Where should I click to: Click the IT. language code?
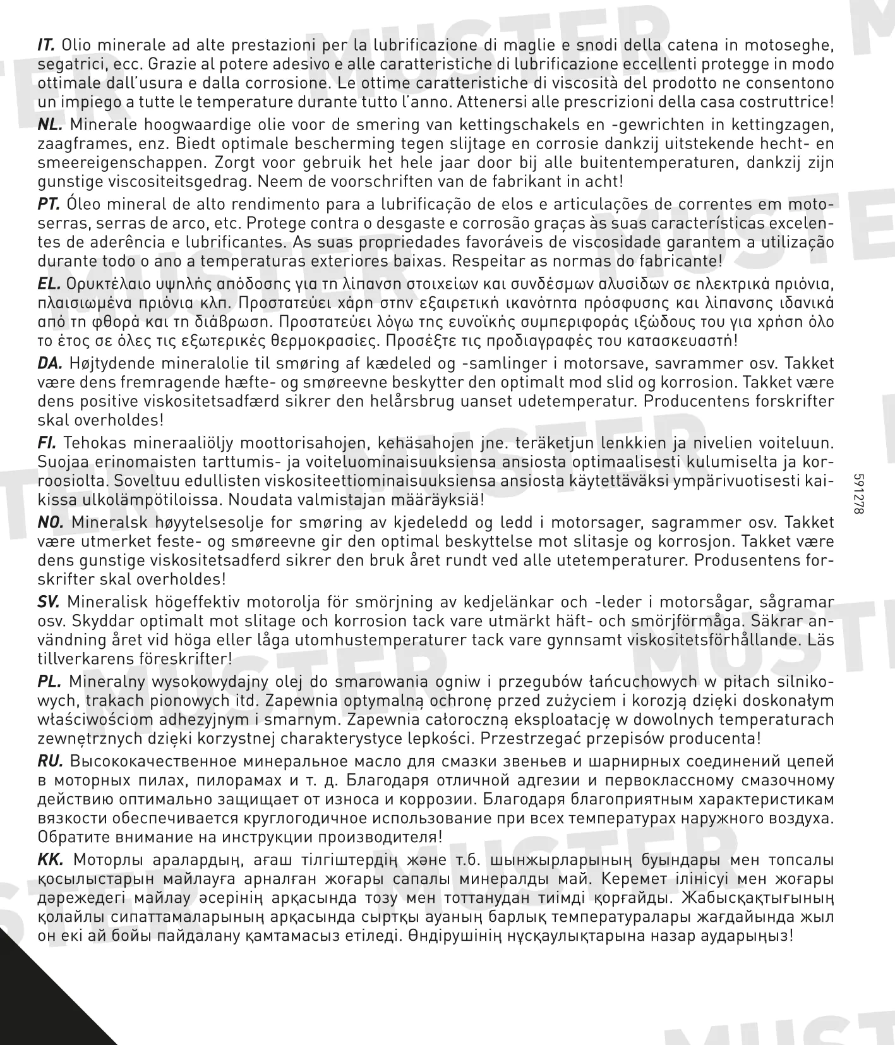click(47, 45)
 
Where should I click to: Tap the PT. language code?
click(49, 204)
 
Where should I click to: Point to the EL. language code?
click(49, 284)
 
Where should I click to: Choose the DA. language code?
click(50, 363)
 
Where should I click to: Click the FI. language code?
click(47, 443)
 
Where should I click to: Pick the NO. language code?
click(51, 522)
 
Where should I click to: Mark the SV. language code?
click(49, 602)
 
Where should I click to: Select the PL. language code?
click(49, 682)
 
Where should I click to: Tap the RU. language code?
click(50, 761)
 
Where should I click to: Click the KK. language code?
click(50, 860)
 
